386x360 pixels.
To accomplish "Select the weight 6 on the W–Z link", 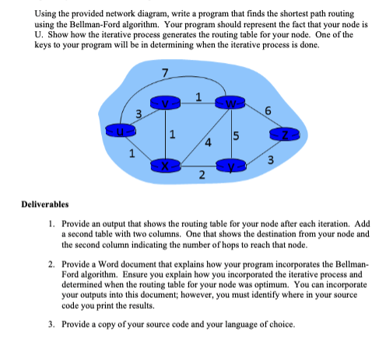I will (267, 111).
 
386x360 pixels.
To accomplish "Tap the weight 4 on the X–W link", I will (208, 142).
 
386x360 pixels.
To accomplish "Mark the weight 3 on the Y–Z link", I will (268, 161).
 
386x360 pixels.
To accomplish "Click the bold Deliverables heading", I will (44, 205).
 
